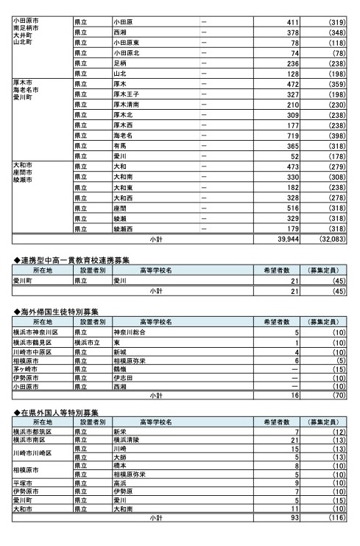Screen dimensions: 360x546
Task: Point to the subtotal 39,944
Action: [283, 239]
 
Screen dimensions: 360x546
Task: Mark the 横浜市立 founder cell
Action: [87, 343]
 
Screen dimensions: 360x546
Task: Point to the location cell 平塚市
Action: [24, 483]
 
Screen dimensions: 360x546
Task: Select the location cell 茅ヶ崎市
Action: [27, 368]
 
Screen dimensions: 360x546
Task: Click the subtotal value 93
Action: [292, 518]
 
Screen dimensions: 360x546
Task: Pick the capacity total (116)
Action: [335, 518]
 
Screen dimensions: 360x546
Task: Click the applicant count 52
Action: [292, 156]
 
